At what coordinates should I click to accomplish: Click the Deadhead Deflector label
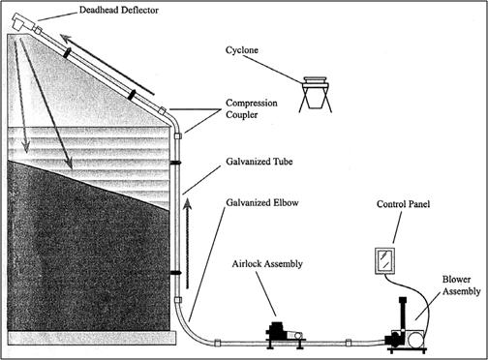119,10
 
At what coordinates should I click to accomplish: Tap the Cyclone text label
242,50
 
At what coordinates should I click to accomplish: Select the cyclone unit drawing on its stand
316,94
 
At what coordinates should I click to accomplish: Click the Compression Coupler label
252,109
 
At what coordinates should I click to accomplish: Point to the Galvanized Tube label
259,162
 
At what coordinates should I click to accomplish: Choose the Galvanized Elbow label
262,203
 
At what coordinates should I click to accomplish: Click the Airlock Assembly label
267,264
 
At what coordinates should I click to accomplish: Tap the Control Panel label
403,204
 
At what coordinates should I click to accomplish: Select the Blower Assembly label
461,285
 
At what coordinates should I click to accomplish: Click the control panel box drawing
385,261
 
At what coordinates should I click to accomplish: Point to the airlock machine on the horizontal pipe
285,335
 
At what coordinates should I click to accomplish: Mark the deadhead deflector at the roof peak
22,22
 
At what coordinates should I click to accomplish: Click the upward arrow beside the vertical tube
187,243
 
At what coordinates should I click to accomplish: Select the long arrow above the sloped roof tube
107,65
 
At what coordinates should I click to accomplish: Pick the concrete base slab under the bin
92,338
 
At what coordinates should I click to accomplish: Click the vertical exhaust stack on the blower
402,313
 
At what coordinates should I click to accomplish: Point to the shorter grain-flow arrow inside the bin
20,96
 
